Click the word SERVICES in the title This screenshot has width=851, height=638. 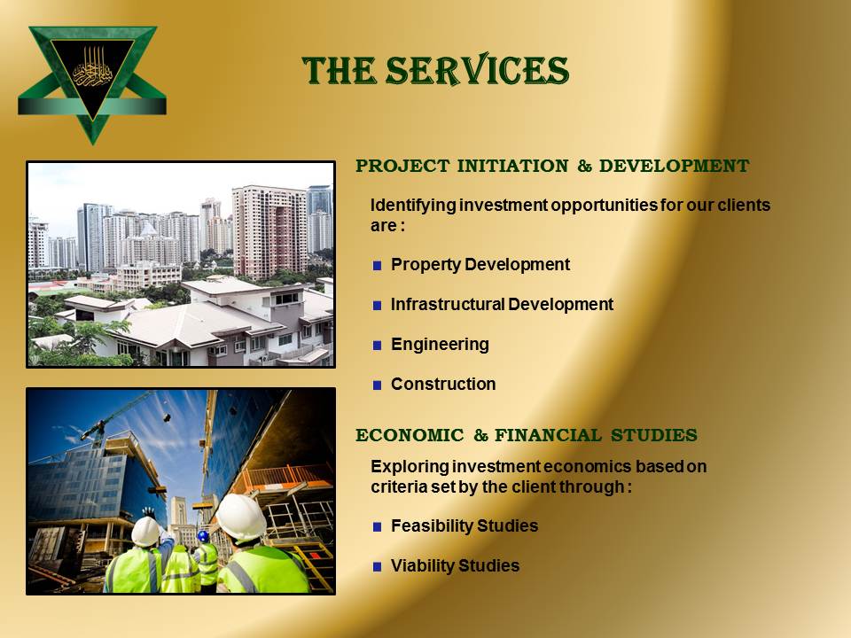tap(477, 70)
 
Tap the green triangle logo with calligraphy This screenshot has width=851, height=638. tap(92, 82)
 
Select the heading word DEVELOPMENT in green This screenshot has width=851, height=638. tap(674, 166)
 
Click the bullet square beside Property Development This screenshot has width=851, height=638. tap(378, 265)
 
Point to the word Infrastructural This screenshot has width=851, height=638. tap(448, 304)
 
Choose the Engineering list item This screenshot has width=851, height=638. tap(440, 345)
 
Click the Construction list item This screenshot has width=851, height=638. tap(443, 384)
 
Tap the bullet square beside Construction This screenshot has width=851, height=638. tap(378, 385)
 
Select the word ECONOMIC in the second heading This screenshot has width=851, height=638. tap(410, 435)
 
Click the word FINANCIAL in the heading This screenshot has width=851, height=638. tap(548, 435)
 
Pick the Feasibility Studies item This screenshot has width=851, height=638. tap(464, 525)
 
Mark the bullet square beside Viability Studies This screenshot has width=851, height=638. tap(378, 567)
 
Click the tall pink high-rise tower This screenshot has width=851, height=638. tap(269, 230)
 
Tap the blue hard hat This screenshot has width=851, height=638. tap(203, 536)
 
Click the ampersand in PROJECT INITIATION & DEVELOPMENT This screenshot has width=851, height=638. tap(584, 166)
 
